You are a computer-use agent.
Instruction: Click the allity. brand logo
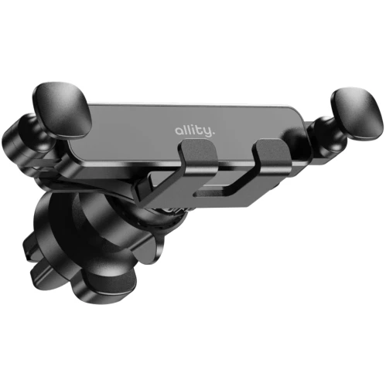(195, 131)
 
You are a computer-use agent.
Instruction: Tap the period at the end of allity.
(213, 134)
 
